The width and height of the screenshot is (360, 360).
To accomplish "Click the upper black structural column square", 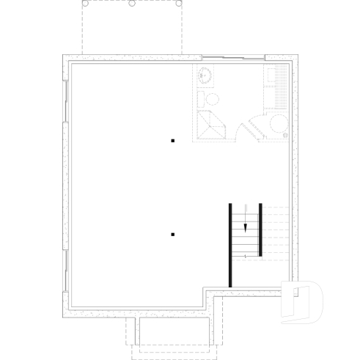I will coord(172,139).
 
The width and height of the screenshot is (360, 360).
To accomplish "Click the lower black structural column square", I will coord(172,235).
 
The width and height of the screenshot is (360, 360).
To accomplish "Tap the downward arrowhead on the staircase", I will coord(246,227).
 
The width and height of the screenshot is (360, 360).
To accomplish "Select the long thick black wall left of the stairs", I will coord(231,244).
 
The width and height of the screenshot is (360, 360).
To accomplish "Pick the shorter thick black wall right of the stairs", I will coord(260,229).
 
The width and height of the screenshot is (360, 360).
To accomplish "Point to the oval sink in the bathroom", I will coord(205,74).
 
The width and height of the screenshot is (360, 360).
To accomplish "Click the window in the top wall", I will coord(232,57).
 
